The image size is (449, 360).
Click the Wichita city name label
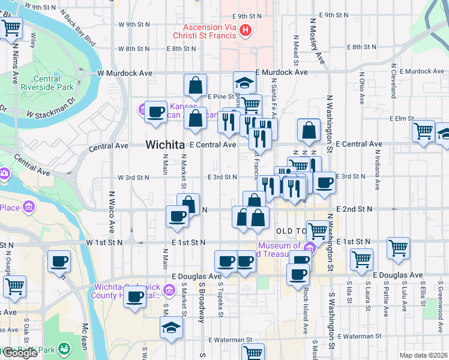point(165,145)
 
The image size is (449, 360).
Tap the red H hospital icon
point(245,30)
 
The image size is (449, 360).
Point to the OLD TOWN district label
point(291,231)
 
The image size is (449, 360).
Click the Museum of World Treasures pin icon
point(310,248)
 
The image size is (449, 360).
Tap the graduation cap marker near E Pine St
point(245,82)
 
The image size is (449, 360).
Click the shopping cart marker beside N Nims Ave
point(11,27)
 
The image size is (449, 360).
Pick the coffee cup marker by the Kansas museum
point(156,112)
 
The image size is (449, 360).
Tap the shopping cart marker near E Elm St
point(424,130)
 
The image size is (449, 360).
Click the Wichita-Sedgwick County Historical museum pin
point(170,291)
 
